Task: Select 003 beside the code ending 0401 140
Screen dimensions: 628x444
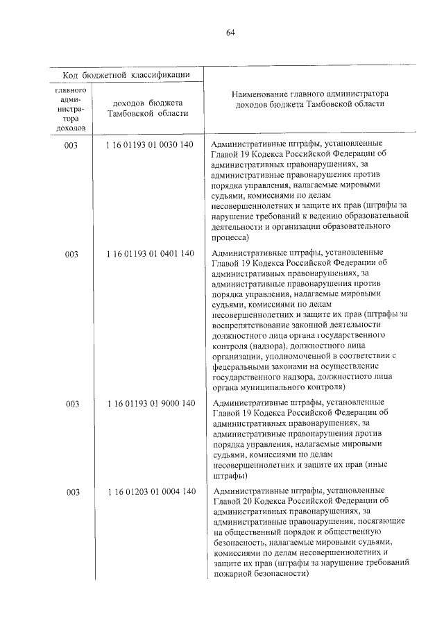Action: point(71,254)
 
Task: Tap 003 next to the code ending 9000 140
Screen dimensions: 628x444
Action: point(71,403)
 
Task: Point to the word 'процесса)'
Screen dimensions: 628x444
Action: point(232,237)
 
